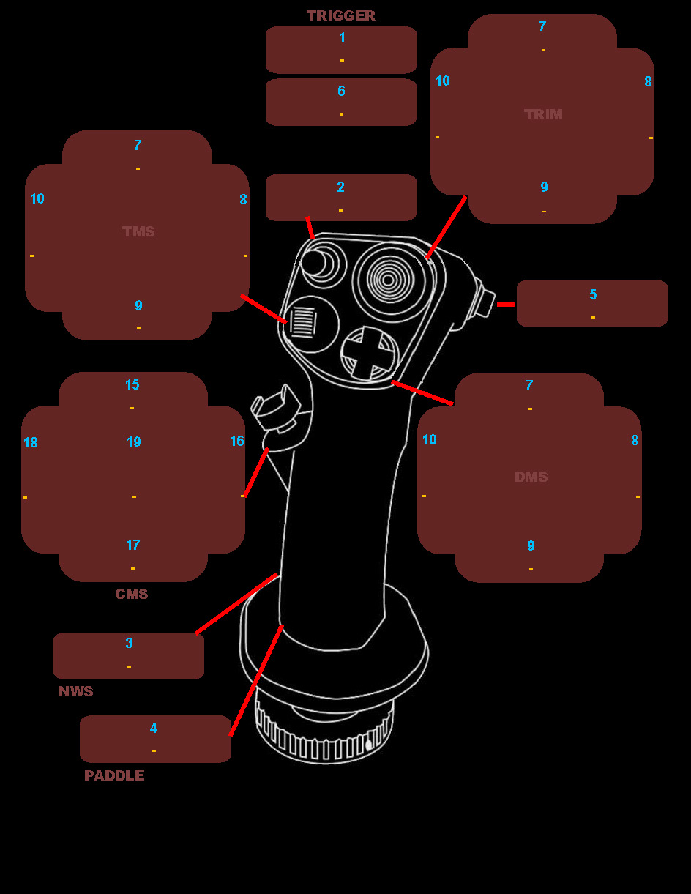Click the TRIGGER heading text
[340, 15]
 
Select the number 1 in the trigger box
[342, 37]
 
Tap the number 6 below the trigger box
[341, 91]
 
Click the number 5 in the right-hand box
[593, 294]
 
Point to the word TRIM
[543, 114]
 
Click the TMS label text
[138, 231]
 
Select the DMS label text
[531, 477]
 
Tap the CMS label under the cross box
[132, 594]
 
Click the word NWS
[76, 691]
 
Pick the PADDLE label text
[114, 775]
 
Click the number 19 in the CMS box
[134, 442]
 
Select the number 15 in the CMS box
[132, 384]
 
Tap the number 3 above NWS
[130, 643]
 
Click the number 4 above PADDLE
[154, 728]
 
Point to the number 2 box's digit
[341, 187]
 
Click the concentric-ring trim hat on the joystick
[390, 278]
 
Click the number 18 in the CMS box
[31, 442]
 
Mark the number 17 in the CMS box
[132, 545]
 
